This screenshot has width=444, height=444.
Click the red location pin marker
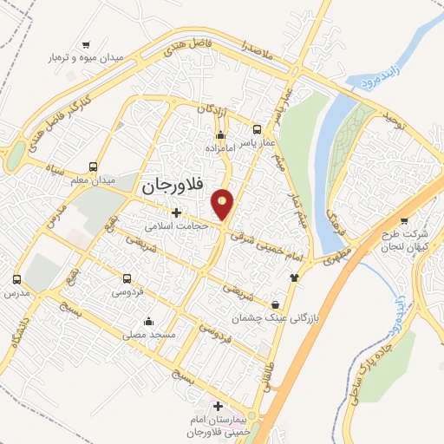coord(224,205)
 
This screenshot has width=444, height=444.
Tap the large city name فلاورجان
coord(171,185)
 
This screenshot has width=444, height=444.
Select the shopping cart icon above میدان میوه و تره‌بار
coord(86,43)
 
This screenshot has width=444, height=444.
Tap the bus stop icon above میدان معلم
coord(93,167)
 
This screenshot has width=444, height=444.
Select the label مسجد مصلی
coord(150,334)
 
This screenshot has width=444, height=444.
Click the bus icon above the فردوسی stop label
coord(127,279)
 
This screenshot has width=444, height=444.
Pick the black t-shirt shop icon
coord(293,277)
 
